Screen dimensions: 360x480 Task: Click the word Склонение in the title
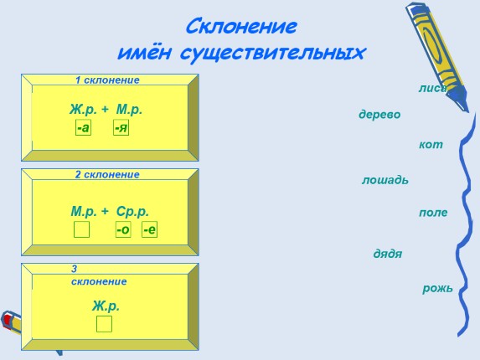pyautogui.click(x=240, y=24)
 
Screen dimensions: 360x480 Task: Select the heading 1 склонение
pyautogui.click(x=107, y=80)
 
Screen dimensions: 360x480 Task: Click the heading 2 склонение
pyautogui.click(x=107, y=175)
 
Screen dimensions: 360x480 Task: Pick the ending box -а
pyautogui.click(x=83, y=128)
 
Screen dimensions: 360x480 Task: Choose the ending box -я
pyautogui.click(x=121, y=128)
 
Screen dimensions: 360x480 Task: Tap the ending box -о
pyautogui.click(x=123, y=229)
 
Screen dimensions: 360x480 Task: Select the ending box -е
pyautogui.click(x=149, y=229)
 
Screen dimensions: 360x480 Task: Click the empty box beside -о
pyautogui.click(x=81, y=229)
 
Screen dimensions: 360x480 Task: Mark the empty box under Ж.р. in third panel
pyautogui.click(x=104, y=324)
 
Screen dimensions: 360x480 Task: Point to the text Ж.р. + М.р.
pyautogui.click(x=106, y=110)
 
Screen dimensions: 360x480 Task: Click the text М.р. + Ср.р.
pyautogui.click(x=110, y=212)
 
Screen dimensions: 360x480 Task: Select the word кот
pyautogui.click(x=431, y=145)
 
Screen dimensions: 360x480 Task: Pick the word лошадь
pyautogui.click(x=385, y=180)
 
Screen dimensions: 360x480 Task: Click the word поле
pyautogui.click(x=433, y=213)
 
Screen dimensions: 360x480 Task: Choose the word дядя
pyautogui.click(x=388, y=253)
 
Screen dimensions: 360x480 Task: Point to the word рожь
pyautogui.click(x=437, y=289)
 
